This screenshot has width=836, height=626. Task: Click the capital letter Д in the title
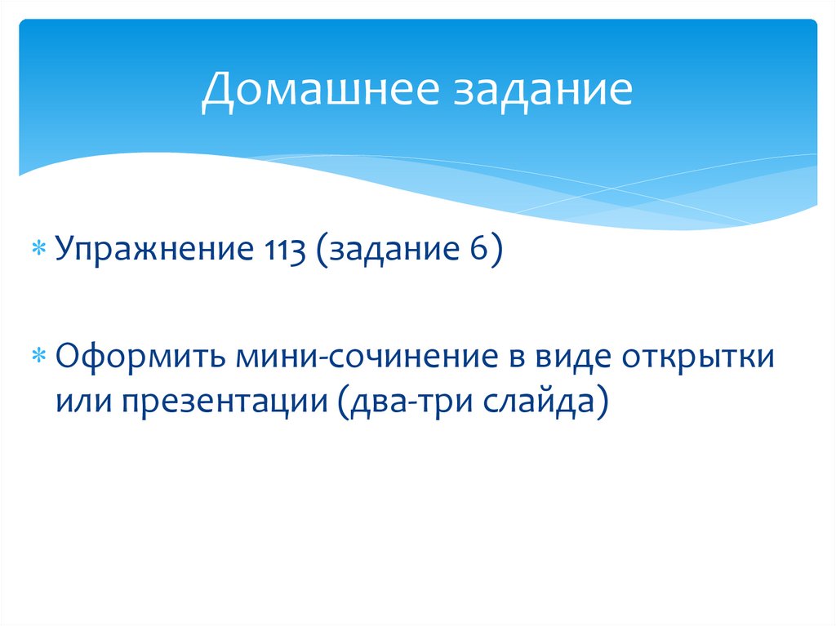point(217,91)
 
